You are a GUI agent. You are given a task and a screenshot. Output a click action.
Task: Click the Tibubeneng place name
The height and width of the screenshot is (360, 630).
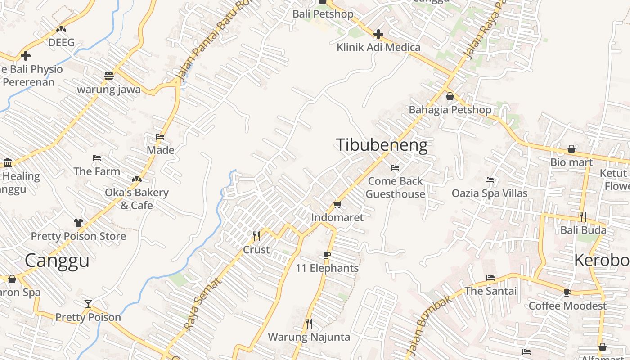coord(382,145)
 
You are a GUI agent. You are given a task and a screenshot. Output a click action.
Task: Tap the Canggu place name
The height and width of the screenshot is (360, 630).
coord(57,261)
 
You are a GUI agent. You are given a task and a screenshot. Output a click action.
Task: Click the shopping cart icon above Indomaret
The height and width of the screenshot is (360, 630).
coord(337,205)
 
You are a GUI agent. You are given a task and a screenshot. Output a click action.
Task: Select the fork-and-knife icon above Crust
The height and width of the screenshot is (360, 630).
coord(256,236)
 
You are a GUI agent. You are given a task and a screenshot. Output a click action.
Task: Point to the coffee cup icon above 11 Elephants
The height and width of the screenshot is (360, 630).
coord(327,255)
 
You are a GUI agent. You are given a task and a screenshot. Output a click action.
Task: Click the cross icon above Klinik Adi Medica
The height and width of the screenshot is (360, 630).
coord(378,34)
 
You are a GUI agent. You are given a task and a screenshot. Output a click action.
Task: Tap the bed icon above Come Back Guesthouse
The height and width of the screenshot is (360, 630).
coord(395,168)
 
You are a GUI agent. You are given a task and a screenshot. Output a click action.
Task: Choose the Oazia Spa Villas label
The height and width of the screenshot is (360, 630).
coord(490,193)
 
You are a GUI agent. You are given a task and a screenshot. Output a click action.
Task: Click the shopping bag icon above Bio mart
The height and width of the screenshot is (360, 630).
coord(571,149)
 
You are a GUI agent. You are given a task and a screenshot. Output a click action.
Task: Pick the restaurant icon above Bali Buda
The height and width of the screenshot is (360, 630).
coord(583,217)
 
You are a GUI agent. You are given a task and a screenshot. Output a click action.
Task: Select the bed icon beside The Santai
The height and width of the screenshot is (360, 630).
coord(490,278)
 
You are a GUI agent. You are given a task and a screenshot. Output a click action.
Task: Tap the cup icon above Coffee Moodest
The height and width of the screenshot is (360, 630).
coord(567,293)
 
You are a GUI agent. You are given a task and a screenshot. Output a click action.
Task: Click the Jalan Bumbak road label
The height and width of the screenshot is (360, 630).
coord(427,325)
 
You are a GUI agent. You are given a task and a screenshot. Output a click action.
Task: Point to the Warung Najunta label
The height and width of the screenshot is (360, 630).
coord(309,337)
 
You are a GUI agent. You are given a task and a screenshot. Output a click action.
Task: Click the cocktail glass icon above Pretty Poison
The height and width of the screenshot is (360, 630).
coord(88,304)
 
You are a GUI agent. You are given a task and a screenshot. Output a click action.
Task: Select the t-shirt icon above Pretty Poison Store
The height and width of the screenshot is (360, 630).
coord(78,223)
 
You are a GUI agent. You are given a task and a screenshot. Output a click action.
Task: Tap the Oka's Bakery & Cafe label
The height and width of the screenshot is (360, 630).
coord(137,199)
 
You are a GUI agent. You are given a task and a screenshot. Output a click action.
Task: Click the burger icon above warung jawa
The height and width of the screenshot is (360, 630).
coord(108,76)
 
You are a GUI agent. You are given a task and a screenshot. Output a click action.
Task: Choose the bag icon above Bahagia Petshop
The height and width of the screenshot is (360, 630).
coord(450,96)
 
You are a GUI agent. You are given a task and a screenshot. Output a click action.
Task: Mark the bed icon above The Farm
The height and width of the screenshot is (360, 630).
coord(97,158)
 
